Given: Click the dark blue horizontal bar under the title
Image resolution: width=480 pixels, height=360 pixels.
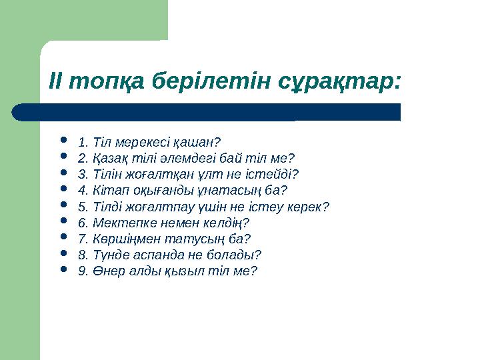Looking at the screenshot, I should (207, 112).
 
